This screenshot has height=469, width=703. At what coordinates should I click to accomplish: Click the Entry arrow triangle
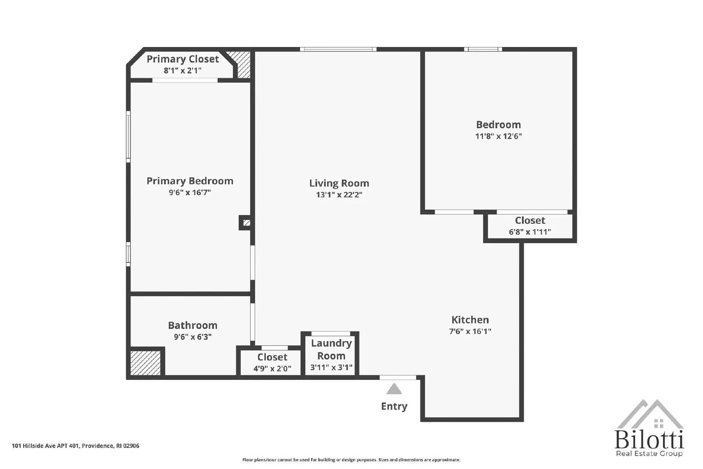pyautogui.click(x=394, y=389)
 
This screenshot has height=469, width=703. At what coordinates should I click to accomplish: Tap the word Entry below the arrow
pyautogui.click(x=394, y=406)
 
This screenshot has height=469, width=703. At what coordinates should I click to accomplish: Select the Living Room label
pyautogui.click(x=339, y=183)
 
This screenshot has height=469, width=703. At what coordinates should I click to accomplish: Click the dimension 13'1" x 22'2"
pyautogui.click(x=339, y=195)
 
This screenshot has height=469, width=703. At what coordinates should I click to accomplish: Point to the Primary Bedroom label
pyautogui.click(x=190, y=181)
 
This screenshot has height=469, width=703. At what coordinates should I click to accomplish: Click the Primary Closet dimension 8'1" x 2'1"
pyautogui.click(x=182, y=70)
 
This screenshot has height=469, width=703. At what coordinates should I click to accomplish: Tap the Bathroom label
pyautogui.click(x=192, y=325)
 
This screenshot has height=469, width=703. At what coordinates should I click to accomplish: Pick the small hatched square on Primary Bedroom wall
pyautogui.click(x=246, y=223)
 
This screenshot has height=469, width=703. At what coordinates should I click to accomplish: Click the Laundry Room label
pyautogui.click(x=331, y=349)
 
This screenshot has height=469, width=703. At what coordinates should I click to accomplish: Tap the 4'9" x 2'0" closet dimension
pyautogui.click(x=272, y=369)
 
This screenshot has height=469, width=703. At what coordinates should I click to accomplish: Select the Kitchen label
pyautogui.click(x=470, y=320)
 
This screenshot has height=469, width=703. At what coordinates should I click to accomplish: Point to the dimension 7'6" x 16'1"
pyautogui.click(x=470, y=331)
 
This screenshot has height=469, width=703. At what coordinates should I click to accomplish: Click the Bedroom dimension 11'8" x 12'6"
pyautogui.click(x=498, y=136)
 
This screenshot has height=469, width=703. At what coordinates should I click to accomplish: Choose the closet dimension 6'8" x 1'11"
pyautogui.click(x=530, y=232)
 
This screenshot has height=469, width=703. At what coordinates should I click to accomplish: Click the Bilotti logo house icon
pyautogui.click(x=649, y=415)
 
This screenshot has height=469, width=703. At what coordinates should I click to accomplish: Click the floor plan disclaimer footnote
pyautogui.click(x=351, y=460)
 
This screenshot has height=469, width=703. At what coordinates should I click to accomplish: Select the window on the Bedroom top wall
pyautogui.click(x=483, y=49)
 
